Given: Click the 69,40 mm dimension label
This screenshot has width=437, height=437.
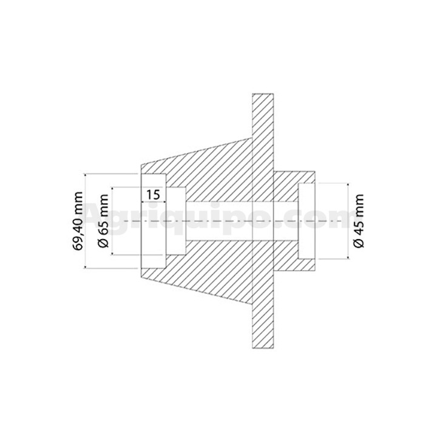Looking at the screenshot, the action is pyautogui.click(x=78, y=221).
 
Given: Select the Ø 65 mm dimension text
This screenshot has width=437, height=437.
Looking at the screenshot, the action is pyautogui.click(x=103, y=221).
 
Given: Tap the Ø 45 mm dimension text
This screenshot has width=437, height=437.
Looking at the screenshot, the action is pyautogui.click(x=359, y=221).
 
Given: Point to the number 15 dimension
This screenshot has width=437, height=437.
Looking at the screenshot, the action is pyautogui.click(x=154, y=195).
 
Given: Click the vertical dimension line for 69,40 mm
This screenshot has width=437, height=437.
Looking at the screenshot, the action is pyautogui.click(x=85, y=221).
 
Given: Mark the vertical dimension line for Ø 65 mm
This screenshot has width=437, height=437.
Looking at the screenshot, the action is pyautogui.click(x=112, y=221).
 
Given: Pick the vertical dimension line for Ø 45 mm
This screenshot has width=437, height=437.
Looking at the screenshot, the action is pyautogui.click(x=348, y=221).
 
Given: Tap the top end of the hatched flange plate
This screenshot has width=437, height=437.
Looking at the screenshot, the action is pyautogui.click(x=263, y=94).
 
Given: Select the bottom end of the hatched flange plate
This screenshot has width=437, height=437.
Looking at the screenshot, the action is pyautogui.click(x=263, y=348).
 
